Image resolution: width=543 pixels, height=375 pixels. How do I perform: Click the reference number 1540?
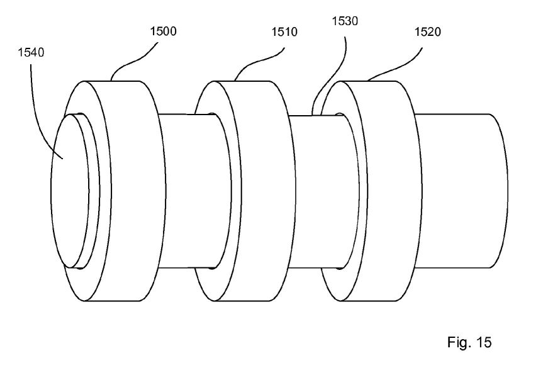point(31,52)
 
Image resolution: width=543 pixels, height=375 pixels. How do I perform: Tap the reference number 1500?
point(163,31)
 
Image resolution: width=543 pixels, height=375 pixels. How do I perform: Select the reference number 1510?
point(284,32)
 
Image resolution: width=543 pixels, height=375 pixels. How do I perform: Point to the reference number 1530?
point(345,21)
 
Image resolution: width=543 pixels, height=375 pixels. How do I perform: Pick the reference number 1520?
point(428,32)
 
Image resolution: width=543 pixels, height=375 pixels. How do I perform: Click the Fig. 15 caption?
point(469,342)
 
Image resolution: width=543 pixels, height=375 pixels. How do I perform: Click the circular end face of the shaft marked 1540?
point(70,191)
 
